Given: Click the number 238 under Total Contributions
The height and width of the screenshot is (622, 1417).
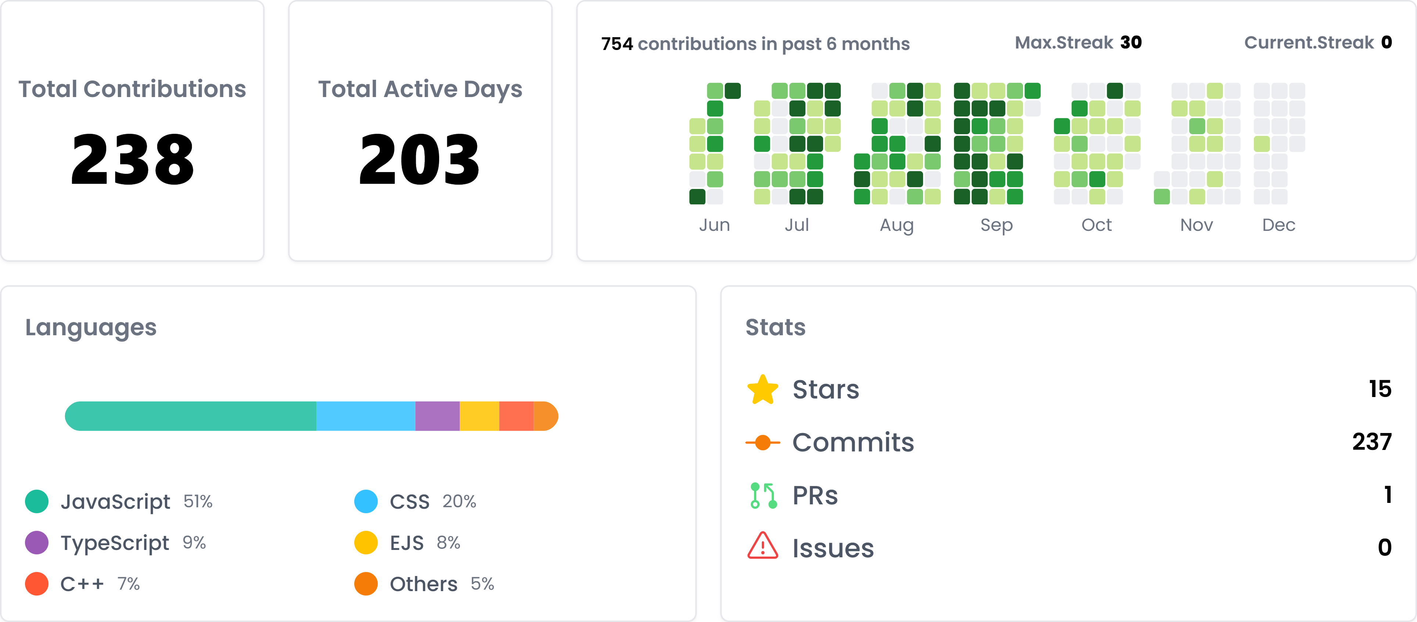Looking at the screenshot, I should (x=133, y=160).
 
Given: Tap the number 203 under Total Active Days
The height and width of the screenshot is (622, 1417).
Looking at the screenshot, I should (x=420, y=160).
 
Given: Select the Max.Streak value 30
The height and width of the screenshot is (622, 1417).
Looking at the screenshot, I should (x=1131, y=42).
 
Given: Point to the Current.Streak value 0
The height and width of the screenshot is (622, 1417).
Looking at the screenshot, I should (x=1386, y=42).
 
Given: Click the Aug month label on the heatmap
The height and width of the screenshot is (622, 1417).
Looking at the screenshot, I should (x=897, y=225).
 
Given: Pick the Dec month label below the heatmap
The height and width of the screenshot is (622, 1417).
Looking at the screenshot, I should (x=1278, y=225).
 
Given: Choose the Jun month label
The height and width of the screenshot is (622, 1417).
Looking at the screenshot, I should (x=714, y=225).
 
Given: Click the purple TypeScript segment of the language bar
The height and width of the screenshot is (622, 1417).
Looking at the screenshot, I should (x=437, y=416).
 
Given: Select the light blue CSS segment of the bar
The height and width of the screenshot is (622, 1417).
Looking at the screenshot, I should (x=365, y=416).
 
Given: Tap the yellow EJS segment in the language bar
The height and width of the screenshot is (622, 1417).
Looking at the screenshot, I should (x=479, y=416).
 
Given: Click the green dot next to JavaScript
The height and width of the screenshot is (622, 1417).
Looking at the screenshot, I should (x=37, y=501).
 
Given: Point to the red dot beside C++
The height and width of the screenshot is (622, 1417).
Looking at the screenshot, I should (x=37, y=584).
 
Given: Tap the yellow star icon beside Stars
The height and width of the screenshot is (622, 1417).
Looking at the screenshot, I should (x=763, y=390).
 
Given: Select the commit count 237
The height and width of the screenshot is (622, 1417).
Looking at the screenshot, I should (x=1372, y=442).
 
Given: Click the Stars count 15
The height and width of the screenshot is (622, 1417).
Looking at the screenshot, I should (x=1380, y=389).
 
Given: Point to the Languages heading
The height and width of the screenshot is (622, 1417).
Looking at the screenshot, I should (x=91, y=328).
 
